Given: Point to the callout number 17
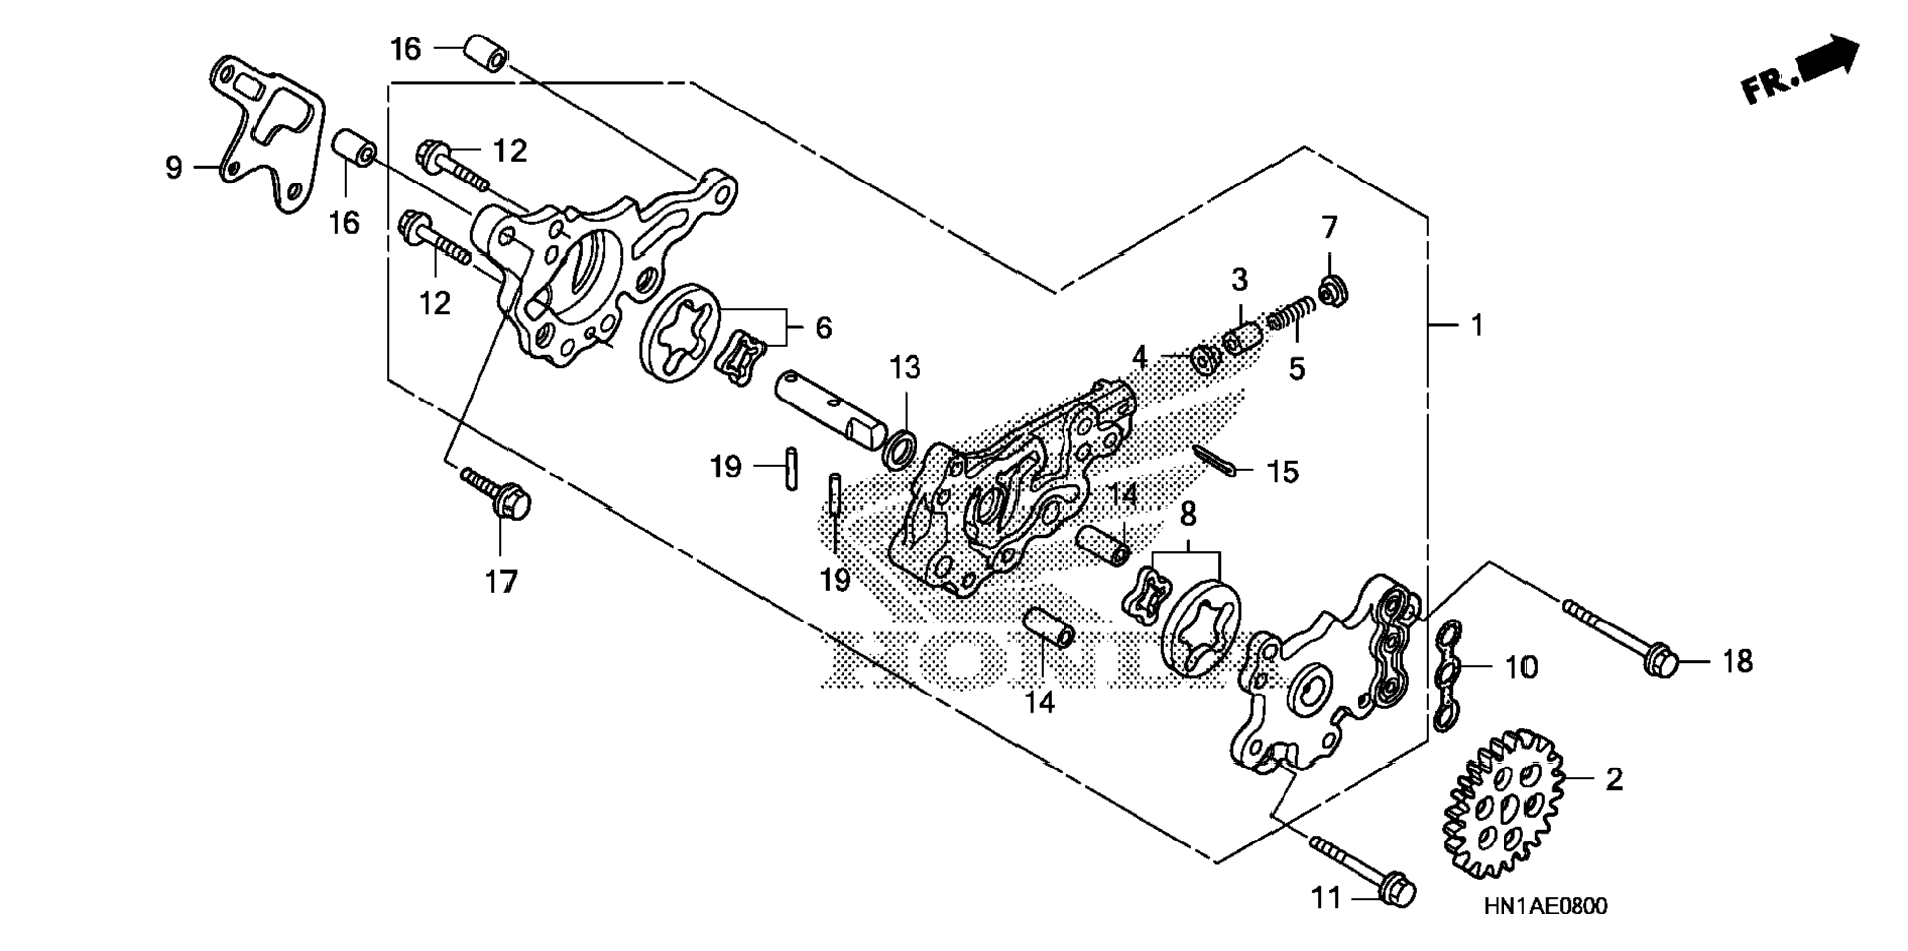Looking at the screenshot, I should pyautogui.click(x=501, y=582).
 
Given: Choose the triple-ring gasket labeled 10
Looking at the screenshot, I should pyautogui.click(x=1447, y=677).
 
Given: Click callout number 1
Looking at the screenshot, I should pyautogui.click(x=1477, y=325).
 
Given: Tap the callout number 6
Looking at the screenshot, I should pyautogui.click(x=823, y=327).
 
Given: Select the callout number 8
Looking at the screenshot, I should pyautogui.click(x=1188, y=514).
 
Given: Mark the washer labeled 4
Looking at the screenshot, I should pyautogui.click(x=1205, y=359).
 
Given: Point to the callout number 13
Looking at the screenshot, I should pyautogui.click(x=905, y=368).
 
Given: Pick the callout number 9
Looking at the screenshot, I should pyautogui.click(x=174, y=168).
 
